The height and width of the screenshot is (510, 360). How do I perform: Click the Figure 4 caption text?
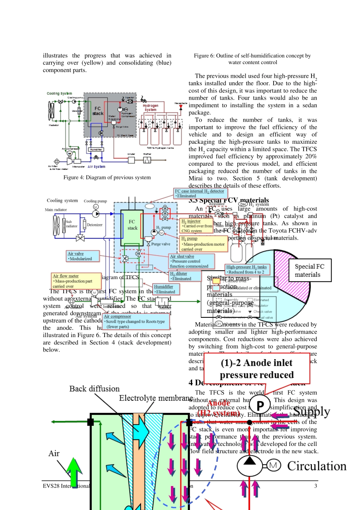[x=107, y=177]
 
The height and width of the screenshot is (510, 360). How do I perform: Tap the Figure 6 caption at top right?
[x=252, y=59]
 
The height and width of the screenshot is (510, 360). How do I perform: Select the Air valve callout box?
[x=83, y=256]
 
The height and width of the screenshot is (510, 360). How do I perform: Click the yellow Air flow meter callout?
[x=77, y=281]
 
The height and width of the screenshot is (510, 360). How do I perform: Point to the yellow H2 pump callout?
[x=203, y=244]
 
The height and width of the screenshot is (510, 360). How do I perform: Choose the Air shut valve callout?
[x=192, y=261]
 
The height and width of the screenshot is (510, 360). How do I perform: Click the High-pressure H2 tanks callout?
[x=247, y=269]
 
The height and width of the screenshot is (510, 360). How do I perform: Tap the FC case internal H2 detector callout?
[x=200, y=193]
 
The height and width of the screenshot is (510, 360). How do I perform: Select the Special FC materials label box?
[x=310, y=270]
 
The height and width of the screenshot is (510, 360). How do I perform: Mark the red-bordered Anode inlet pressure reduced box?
[x=257, y=369]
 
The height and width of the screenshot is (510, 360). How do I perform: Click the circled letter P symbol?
[x=260, y=405]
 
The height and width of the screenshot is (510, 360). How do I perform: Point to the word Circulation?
[x=317, y=466]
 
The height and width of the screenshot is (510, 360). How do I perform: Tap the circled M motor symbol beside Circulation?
[x=274, y=465]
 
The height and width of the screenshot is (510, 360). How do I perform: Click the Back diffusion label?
[x=94, y=389]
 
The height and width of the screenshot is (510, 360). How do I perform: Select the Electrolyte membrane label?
[x=156, y=398]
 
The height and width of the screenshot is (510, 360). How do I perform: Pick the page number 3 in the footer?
[x=315, y=486]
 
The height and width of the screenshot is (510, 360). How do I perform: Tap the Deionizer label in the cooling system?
[x=95, y=225]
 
